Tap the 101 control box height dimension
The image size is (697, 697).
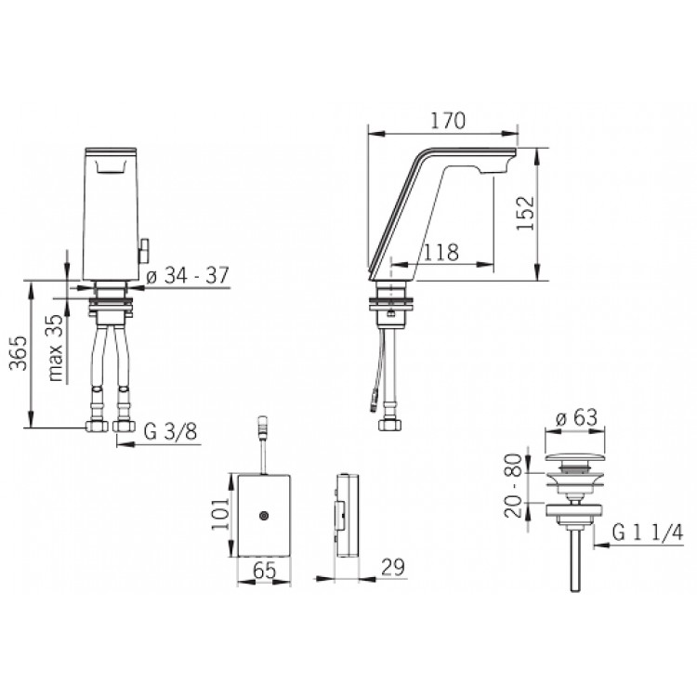tap(220, 512)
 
